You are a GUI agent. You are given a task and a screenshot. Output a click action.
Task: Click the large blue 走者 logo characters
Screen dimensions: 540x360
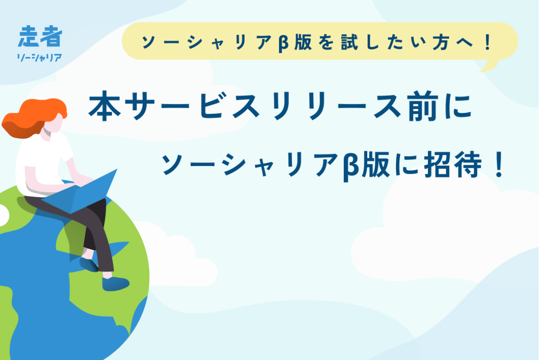pos(40,36)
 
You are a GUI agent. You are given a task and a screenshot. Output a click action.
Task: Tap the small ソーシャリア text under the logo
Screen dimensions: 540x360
pos(40,58)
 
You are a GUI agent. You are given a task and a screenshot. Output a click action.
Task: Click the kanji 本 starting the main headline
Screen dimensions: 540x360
pos(104,106)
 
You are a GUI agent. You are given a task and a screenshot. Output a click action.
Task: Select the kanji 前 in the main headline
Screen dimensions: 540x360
pos(423,106)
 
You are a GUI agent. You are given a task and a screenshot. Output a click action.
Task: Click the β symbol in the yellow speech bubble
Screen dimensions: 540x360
pos(283,43)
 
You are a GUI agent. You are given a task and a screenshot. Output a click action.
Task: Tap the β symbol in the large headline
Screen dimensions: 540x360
pos(351,166)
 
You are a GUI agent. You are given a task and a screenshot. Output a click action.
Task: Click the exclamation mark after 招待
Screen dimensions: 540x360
pos(499,164)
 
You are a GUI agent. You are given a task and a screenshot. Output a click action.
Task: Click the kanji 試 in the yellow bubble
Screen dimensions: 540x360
pos(349,42)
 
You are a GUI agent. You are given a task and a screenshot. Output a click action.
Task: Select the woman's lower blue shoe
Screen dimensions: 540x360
pos(115,284)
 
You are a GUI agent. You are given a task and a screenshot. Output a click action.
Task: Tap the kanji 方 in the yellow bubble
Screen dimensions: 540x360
pos(441,42)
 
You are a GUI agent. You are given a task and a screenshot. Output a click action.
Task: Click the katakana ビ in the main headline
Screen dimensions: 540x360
pos(211,106)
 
